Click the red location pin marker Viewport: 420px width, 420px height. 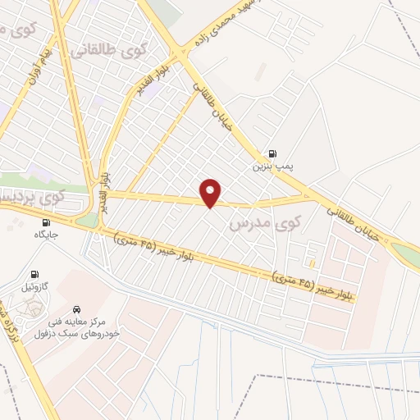212,193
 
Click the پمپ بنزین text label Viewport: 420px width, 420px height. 272,167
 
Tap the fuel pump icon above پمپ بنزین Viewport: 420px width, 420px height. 272,153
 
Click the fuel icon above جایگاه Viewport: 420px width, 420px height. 44,221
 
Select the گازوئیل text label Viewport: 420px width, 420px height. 34,288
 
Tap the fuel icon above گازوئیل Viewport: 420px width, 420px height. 34,275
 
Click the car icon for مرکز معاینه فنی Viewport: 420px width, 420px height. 76,309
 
